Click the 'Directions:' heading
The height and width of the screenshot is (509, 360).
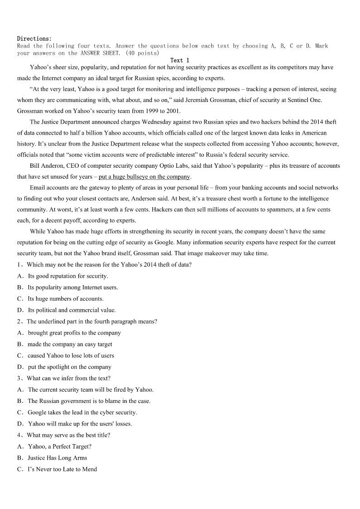click(x=34, y=39)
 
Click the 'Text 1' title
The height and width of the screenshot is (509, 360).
click(x=180, y=60)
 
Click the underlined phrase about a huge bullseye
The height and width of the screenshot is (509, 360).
click(x=145, y=177)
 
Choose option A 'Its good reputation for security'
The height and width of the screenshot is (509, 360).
click(x=68, y=276)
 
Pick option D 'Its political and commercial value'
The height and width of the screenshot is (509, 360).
click(x=72, y=310)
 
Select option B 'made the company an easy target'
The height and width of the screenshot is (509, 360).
click(x=70, y=344)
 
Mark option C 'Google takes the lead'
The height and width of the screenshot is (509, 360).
click(x=82, y=412)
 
